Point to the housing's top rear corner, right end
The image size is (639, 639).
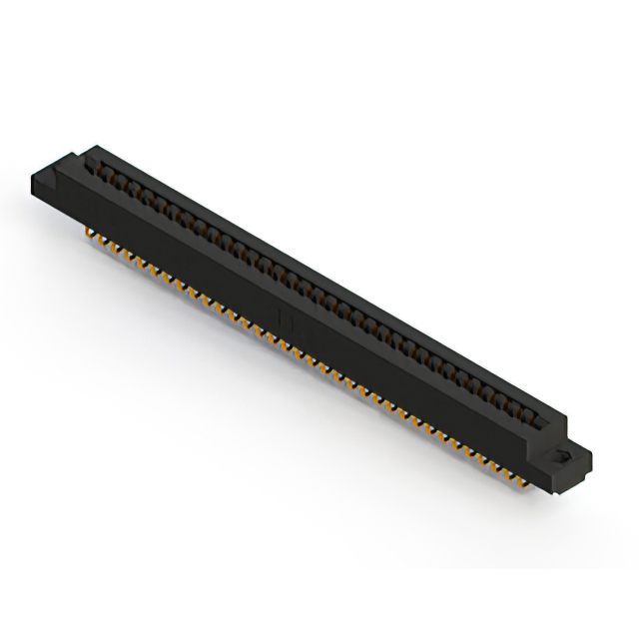[x=559, y=409]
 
